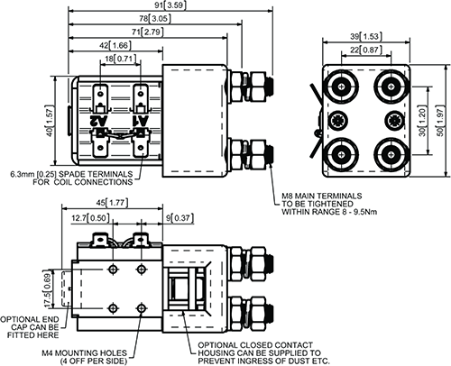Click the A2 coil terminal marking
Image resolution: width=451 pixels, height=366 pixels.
click(x=100, y=120)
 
